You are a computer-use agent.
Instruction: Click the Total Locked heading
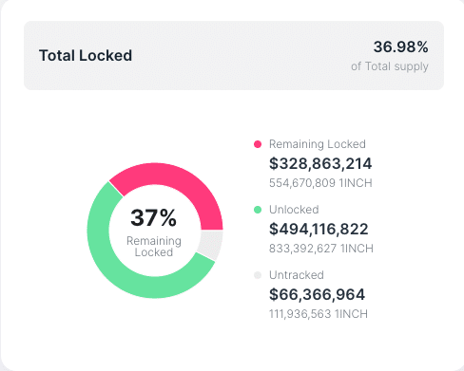coord(86,55)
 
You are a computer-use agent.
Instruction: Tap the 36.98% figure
coord(400,46)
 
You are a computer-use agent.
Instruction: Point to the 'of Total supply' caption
coord(390,66)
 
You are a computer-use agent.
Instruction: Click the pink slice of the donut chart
coord(171,186)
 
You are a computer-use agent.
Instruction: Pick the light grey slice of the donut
coord(210,245)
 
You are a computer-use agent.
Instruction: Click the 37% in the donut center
coord(154,217)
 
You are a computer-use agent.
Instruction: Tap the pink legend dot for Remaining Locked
coord(257,144)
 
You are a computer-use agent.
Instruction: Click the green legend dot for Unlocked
coord(257,210)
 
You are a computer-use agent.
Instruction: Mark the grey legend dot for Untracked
coord(257,275)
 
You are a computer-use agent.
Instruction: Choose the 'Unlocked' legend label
coord(294,210)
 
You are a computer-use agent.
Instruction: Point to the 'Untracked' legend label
coord(297,275)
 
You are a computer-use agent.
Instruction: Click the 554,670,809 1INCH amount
coord(321,182)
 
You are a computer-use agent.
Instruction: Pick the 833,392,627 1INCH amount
coord(321,249)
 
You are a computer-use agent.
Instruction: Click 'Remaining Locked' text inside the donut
coord(154,247)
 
